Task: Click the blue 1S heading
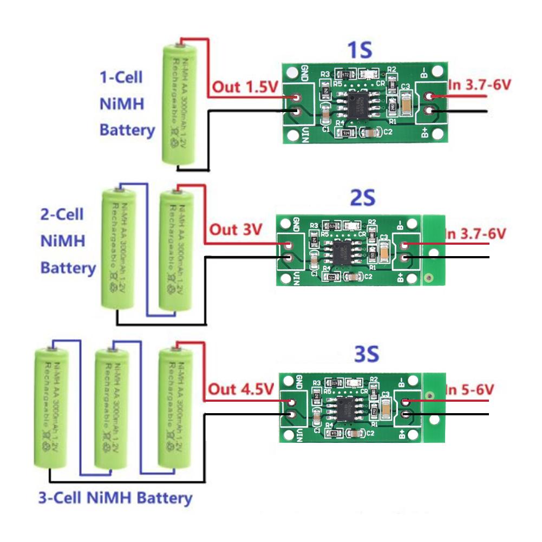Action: (360, 51)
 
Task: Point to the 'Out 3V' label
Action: (235, 230)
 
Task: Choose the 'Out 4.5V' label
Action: (237, 389)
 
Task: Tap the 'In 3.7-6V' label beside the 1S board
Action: (480, 85)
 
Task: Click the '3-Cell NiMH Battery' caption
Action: (115, 498)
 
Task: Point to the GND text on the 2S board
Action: (296, 224)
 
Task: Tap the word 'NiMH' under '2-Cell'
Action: (62, 241)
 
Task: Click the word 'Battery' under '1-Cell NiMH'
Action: (127, 130)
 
